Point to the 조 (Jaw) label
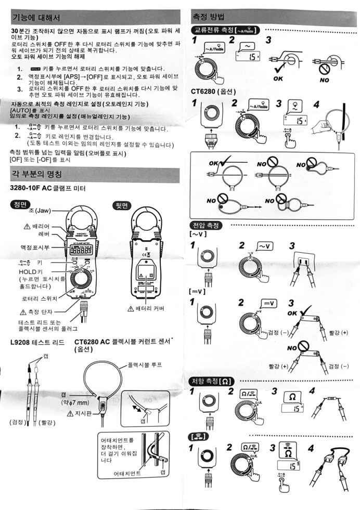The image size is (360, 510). point(40,212)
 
